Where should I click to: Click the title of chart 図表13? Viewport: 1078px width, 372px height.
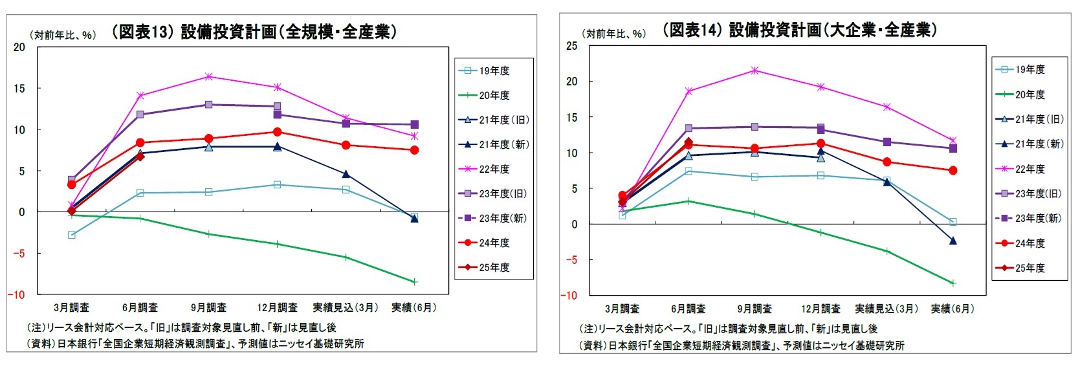[254, 32]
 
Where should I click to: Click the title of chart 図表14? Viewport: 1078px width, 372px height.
[799, 30]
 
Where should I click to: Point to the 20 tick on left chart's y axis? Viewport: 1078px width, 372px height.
[19, 47]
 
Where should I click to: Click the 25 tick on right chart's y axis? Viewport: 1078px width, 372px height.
[571, 46]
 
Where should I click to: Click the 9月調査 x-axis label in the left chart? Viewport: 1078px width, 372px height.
[208, 307]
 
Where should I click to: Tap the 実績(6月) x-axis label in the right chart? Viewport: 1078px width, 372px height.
[952, 309]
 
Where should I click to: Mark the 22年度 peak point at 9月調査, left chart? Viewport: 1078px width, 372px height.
[208, 76]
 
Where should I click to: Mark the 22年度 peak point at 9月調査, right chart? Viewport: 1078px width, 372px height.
[754, 70]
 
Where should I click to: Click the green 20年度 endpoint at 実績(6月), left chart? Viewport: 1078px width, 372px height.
[414, 282]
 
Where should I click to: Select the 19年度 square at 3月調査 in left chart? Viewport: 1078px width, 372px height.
[72, 235]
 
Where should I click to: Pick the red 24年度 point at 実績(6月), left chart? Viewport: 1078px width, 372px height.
[414, 150]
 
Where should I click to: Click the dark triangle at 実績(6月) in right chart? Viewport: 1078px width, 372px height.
[952, 241]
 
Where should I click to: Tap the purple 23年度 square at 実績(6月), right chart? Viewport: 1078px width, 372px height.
[952, 148]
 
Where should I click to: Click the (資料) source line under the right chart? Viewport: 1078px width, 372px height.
[742, 345]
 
